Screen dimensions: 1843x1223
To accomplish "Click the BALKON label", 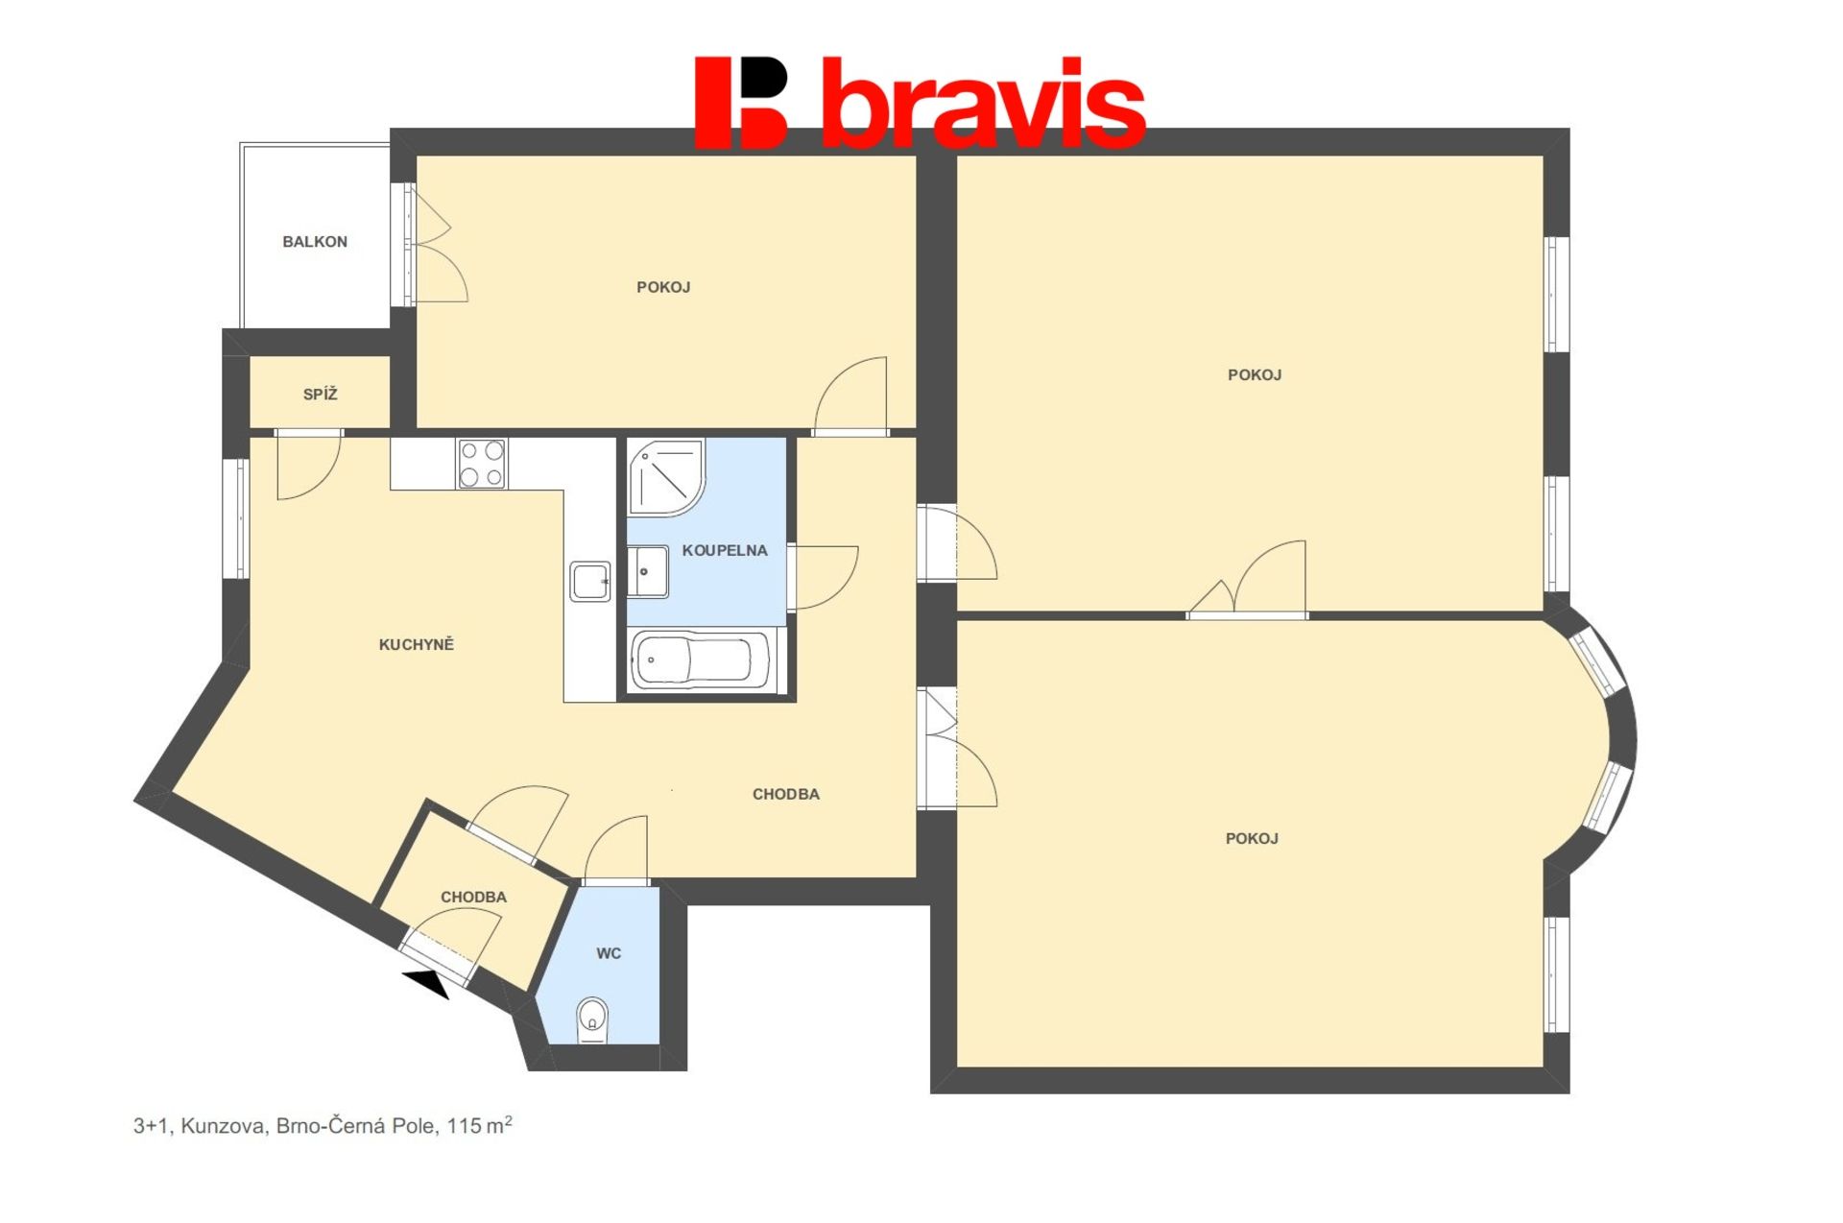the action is coord(315,242).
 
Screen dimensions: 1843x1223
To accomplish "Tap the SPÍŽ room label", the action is coord(320,394).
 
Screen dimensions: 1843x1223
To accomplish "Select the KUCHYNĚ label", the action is coord(416,644).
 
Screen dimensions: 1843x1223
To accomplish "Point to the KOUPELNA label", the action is coord(725,550).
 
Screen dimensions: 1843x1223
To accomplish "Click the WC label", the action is coord(609,953).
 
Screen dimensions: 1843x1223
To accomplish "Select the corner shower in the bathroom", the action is coord(666,476).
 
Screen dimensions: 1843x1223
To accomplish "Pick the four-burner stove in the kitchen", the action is coord(482,464).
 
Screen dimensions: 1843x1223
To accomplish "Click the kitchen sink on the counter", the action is coord(589,581).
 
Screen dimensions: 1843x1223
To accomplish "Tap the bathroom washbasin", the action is coord(648,571).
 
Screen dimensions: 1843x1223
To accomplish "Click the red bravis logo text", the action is coord(983,103).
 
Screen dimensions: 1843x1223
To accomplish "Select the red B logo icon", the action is coord(741,103).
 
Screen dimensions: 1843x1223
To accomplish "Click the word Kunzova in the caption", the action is coord(224,1126).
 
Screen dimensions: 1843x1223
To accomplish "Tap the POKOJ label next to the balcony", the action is coord(663,287).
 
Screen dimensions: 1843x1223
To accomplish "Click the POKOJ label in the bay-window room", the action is coord(1252,838).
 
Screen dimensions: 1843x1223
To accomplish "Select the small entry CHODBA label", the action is coord(473,897).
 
